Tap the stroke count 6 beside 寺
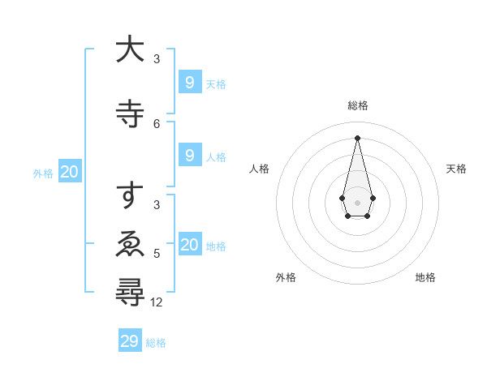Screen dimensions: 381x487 [x=157, y=123]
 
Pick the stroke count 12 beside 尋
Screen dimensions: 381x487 [x=157, y=302]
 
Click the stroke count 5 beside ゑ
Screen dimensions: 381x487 [x=157, y=254]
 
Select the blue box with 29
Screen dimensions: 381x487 [x=130, y=341]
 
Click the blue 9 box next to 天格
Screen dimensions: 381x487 [x=189, y=82]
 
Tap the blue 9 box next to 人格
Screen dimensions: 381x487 [x=189, y=156]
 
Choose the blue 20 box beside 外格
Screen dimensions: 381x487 [x=70, y=172]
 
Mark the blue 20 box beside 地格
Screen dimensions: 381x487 [x=189, y=245]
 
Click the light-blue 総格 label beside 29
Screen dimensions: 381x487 [x=156, y=343]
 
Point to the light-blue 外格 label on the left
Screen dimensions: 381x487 [x=43, y=173]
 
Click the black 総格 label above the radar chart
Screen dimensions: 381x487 [x=358, y=106]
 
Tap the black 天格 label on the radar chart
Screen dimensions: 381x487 [x=457, y=169]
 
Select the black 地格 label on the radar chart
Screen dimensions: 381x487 [x=425, y=277]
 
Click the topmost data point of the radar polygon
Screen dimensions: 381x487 [x=357, y=138]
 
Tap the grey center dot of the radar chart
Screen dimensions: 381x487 [x=357, y=201]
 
